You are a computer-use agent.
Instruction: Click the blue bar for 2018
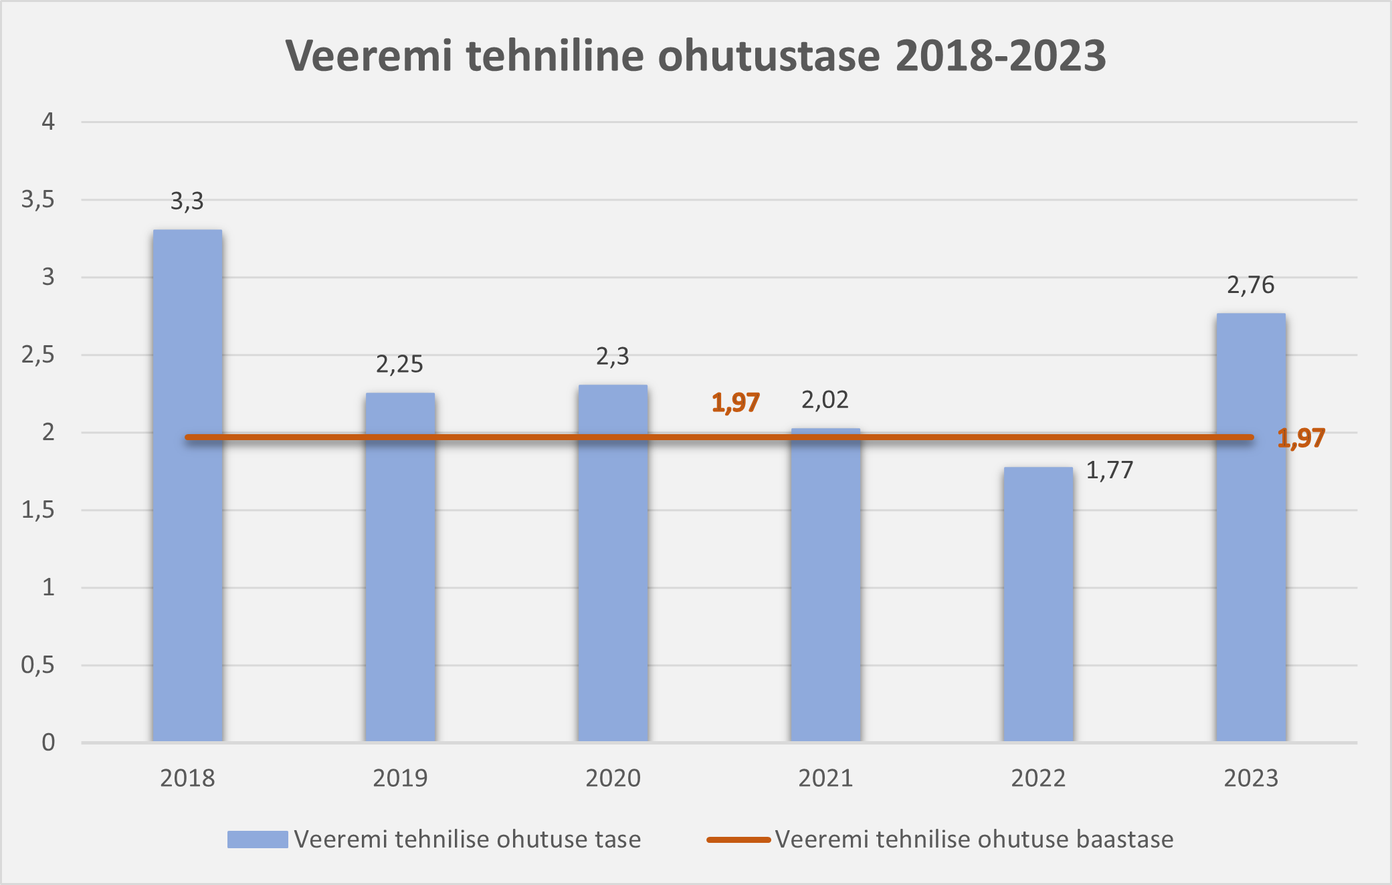187,486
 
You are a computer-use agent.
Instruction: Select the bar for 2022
1038,605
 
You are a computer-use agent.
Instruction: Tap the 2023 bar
1251,528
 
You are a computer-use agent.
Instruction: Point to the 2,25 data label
399,365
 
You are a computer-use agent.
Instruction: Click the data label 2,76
1250,286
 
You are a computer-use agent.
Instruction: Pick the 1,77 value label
1109,471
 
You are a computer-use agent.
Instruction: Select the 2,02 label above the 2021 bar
825,400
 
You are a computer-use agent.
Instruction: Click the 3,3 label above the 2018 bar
187,201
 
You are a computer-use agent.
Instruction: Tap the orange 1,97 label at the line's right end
1301,438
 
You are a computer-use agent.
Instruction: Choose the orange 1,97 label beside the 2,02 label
736,403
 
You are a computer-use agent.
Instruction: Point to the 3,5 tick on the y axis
37,199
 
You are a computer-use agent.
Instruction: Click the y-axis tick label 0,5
37,665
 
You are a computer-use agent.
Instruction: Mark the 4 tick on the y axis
48,122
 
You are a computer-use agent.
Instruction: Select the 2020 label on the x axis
613,779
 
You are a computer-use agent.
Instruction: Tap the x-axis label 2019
400,779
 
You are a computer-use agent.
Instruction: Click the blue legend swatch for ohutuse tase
258,840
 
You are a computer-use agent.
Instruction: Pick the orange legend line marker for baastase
738,840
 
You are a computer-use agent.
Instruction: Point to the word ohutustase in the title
769,56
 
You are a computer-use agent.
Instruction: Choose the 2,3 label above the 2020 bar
612,357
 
